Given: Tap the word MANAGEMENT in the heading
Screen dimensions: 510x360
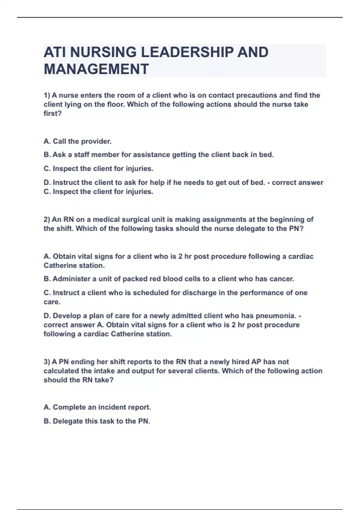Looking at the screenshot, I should (x=96, y=69).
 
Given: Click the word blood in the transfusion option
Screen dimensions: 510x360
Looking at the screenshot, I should (x=172, y=279).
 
